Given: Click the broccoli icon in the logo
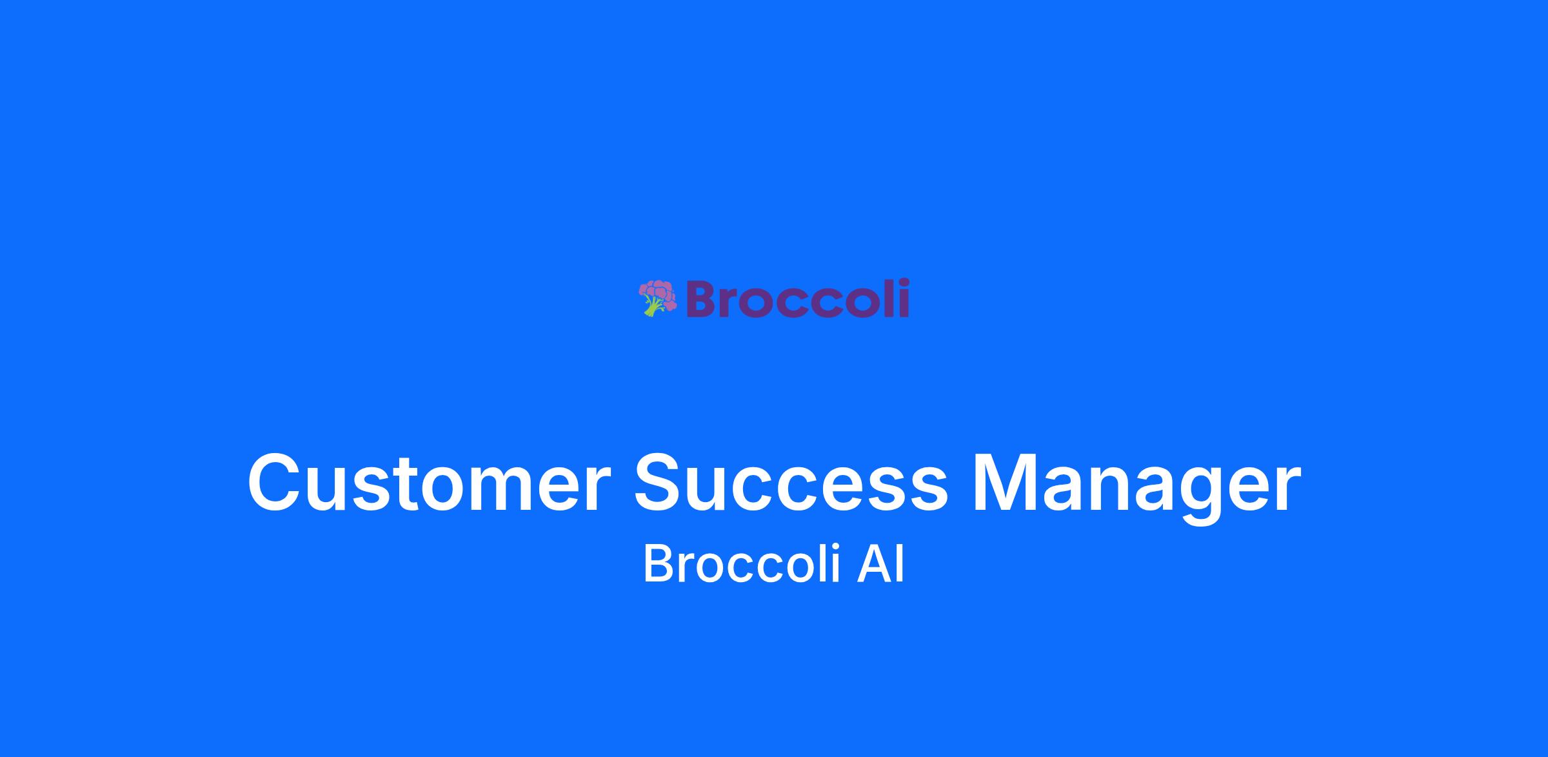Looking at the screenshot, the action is click(x=657, y=298).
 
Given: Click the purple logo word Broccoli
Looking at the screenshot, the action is click(x=798, y=298).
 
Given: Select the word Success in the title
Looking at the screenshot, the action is click(x=791, y=483).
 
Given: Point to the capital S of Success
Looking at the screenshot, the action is click(x=660, y=483).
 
